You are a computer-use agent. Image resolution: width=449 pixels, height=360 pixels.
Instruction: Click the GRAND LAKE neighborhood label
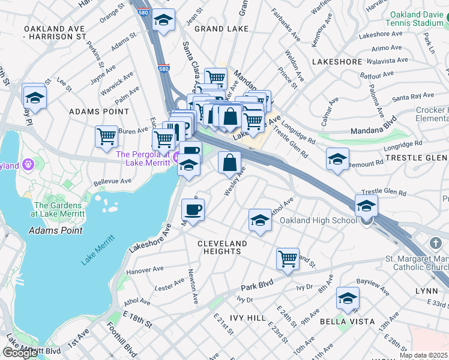[x=217, y=28]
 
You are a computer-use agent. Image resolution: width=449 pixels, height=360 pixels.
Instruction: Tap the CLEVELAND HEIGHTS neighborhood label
[x=222, y=247]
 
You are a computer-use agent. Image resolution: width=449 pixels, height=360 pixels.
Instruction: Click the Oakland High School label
[x=318, y=221]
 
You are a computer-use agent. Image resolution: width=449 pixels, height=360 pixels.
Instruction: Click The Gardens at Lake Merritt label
[x=57, y=209]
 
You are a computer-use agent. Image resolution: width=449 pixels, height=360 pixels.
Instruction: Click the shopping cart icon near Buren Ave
[x=106, y=136]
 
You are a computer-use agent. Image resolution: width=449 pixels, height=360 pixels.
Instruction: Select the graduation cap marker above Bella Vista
[x=348, y=298]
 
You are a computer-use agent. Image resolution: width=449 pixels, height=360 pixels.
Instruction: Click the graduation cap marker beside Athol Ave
[x=260, y=220]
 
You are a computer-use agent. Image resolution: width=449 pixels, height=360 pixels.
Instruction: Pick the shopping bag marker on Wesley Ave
[x=229, y=162]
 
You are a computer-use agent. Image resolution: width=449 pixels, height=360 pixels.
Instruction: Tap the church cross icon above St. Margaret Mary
[x=436, y=243]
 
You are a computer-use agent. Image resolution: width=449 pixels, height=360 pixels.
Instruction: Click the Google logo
[x=20, y=353]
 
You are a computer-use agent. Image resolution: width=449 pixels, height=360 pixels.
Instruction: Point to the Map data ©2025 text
[x=423, y=355]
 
